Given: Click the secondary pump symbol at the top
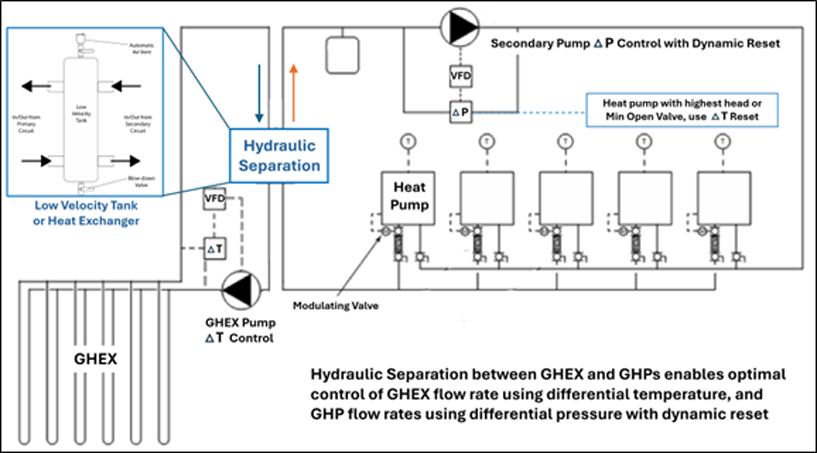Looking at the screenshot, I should (460, 27).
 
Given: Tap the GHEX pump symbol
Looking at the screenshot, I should (241, 290).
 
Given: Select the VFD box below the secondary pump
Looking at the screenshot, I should (461, 76).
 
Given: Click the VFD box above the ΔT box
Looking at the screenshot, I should (215, 199).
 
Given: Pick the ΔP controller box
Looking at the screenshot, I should (461, 112).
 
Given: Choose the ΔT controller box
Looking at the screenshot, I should (215, 249).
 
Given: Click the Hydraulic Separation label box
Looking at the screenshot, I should (279, 156).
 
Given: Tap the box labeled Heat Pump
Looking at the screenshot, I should (408, 198).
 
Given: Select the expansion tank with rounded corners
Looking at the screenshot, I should (343, 55).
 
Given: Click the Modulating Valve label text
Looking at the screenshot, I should (336, 306).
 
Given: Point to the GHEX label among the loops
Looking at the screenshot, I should (95, 359).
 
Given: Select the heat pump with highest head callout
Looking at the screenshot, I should (682, 110).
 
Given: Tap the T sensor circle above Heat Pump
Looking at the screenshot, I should (408, 141).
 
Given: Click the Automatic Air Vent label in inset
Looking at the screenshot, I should (141, 48).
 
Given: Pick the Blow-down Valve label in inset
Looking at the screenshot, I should (141, 182).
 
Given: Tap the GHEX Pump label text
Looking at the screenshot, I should (240, 323).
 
